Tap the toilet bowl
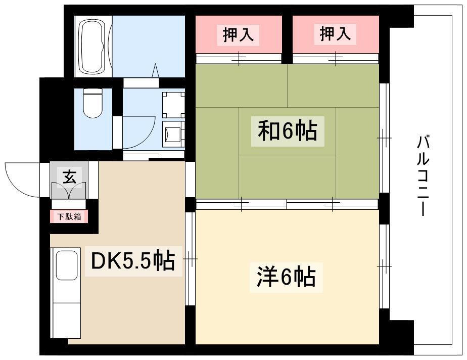pos(93,104)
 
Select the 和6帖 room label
pos(288,131)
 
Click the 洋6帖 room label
pos(286,277)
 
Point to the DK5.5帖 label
pos(133,261)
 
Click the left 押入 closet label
pos(238,34)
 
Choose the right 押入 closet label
pos(336,34)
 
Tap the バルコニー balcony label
pos(423,175)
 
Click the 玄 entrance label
pos(69,176)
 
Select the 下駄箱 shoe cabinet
pos(69,216)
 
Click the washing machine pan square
pos(173,105)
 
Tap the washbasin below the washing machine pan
pos(173,134)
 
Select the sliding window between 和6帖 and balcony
pos(384,138)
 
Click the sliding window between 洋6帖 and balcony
pos(384,266)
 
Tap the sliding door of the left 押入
pos(239,59)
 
